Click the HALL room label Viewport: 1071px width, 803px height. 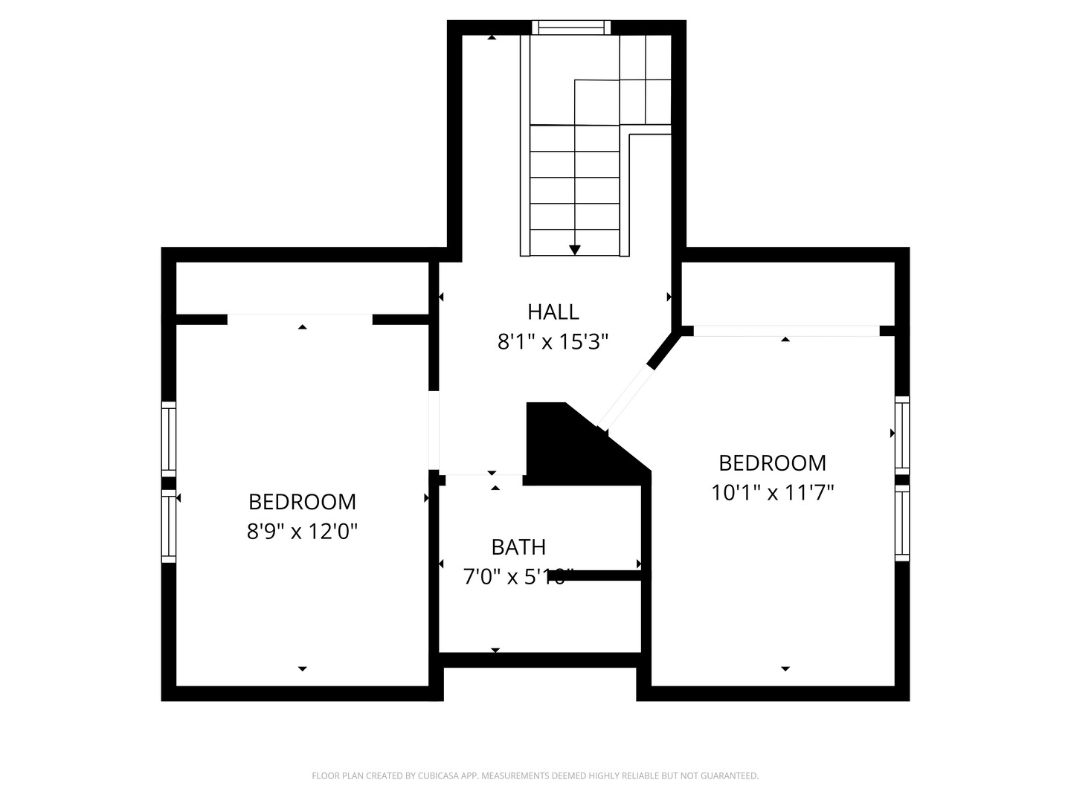click(553, 312)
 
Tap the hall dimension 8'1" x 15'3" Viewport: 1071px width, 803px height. click(553, 342)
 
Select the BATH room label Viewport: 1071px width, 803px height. click(518, 547)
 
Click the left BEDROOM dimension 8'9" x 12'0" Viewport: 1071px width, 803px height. click(302, 532)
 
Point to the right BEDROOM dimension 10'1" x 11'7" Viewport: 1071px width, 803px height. click(772, 493)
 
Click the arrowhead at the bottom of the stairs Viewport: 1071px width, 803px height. click(575, 251)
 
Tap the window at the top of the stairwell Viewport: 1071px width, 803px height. click(571, 28)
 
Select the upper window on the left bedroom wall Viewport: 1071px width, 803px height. click(169, 439)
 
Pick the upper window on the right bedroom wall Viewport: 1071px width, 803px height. click(902, 434)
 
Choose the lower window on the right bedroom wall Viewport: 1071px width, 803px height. click(902, 523)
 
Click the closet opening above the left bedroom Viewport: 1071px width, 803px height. click(300, 319)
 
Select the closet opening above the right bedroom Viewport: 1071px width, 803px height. click(786, 331)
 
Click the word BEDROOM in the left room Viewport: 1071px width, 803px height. click(302, 502)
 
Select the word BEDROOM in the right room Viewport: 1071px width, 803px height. click(772, 463)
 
